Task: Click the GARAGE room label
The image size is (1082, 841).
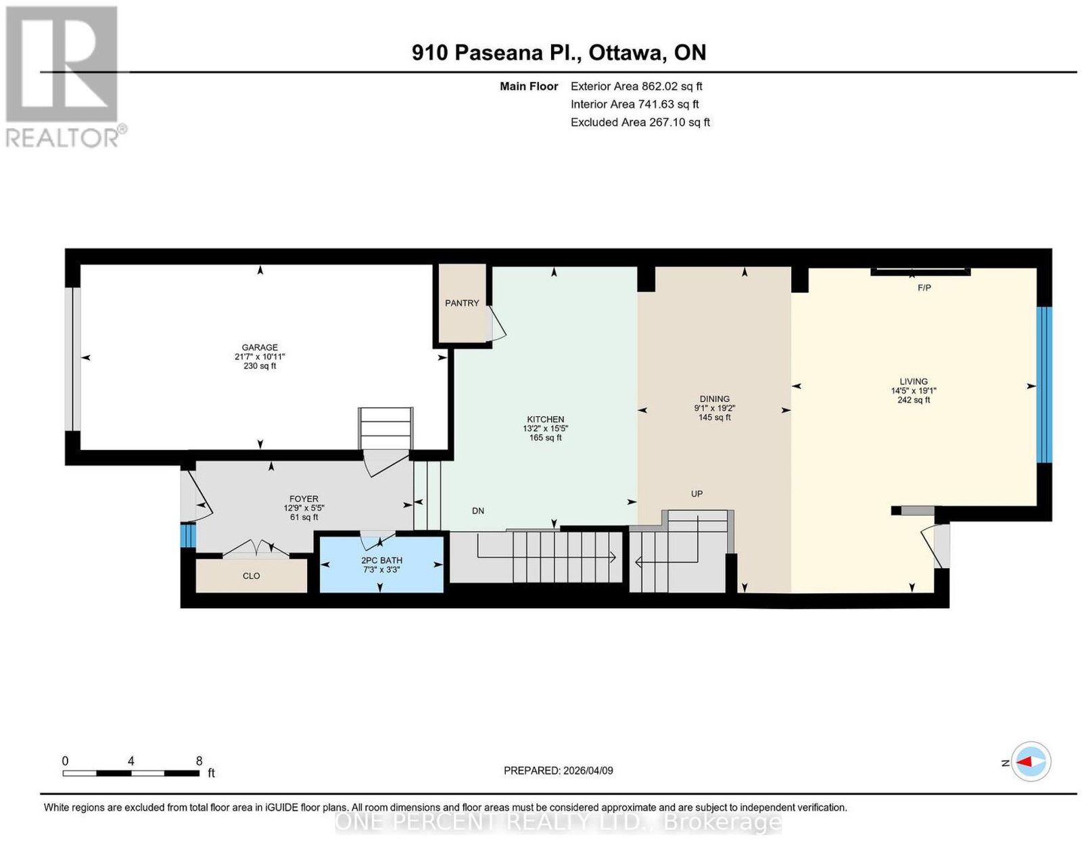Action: coord(260,347)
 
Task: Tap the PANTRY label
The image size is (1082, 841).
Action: coord(462,302)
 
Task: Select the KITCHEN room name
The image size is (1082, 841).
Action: coord(545,419)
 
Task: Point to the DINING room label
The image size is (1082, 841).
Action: coord(714,399)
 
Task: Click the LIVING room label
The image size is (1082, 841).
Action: coord(913,382)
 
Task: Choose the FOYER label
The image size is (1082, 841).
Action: coord(304,499)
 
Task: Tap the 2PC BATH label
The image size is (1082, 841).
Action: coord(381,560)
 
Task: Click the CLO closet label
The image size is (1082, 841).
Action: coord(251,576)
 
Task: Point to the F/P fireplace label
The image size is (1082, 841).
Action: coord(924,288)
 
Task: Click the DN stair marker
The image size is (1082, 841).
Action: coord(477,510)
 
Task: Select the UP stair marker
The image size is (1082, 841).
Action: coord(697,493)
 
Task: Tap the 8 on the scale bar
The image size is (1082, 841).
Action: coord(199,760)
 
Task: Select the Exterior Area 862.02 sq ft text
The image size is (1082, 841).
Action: coord(636,86)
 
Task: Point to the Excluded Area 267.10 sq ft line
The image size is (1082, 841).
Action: coord(640,122)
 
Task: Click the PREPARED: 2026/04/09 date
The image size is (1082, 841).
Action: coord(558,770)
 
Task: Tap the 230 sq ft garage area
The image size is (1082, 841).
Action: coord(260,366)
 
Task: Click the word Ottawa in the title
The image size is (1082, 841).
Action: coord(626,52)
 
